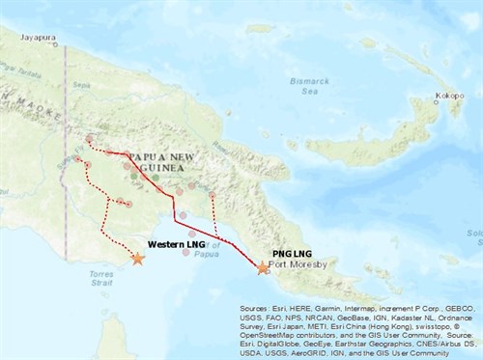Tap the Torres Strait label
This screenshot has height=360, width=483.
tap(88, 279)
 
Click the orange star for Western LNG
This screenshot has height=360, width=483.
tap(138, 259)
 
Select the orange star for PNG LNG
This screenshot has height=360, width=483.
tap(264, 269)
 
